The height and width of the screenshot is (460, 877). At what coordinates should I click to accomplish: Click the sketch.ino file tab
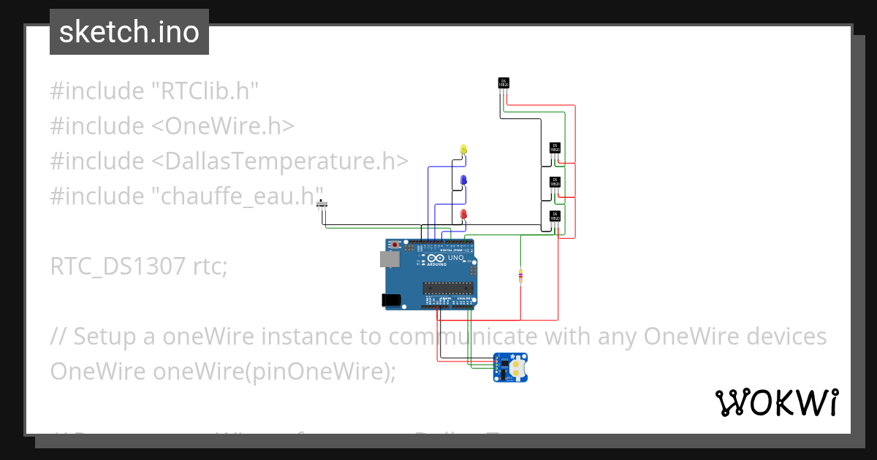click(129, 32)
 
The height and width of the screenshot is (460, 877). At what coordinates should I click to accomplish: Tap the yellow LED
click(463, 149)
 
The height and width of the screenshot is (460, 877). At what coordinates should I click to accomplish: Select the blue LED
click(463, 180)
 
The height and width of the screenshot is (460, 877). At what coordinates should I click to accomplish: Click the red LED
click(463, 213)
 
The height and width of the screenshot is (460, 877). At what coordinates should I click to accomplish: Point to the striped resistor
click(520, 276)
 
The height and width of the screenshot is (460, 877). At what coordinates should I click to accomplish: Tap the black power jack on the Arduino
click(391, 299)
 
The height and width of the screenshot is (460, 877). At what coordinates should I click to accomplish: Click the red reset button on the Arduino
click(395, 244)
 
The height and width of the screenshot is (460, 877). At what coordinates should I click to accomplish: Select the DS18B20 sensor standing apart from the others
click(503, 83)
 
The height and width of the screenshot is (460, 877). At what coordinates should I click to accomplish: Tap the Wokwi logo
click(775, 402)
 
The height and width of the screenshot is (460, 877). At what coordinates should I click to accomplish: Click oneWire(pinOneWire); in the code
click(274, 371)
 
